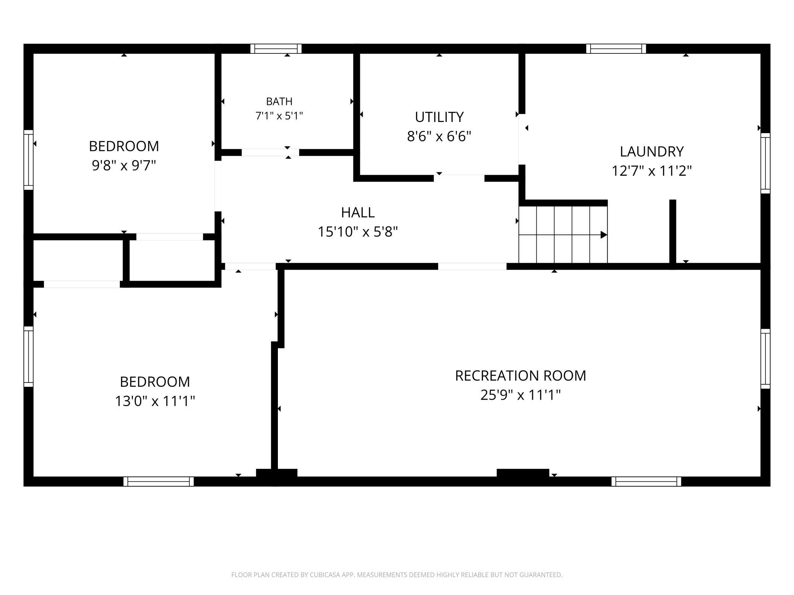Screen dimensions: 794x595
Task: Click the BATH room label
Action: tap(279, 101)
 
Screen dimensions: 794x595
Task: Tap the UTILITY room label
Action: tap(439, 117)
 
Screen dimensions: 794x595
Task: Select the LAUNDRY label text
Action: tap(652, 152)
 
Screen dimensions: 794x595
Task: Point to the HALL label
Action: tap(358, 212)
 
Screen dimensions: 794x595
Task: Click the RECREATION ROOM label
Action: tap(520, 376)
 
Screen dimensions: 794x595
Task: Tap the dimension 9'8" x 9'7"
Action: tap(124, 166)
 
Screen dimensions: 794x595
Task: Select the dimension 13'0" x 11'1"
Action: tap(155, 401)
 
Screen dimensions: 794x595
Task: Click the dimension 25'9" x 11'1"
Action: tap(520, 395)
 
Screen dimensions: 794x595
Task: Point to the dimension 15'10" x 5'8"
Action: tap(358, 232)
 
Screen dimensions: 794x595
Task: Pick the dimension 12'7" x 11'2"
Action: tap(652, 170)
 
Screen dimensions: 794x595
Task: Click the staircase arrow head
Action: tap(604, 235)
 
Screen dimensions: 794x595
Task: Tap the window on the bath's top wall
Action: tap(276, 49)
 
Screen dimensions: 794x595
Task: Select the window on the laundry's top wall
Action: tap(616, 49)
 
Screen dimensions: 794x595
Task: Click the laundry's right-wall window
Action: tap(765, 163)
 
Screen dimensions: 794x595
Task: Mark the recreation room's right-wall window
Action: tap(765, 359)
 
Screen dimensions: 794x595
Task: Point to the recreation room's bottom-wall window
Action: tap(646, 481)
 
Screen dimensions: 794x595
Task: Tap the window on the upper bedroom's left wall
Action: tap(29, 160)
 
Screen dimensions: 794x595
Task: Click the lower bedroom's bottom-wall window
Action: tap(158, 481)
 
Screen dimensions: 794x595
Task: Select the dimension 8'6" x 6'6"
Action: tap(439, 136)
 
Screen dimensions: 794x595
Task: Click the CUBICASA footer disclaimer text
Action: tap(397, 575)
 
